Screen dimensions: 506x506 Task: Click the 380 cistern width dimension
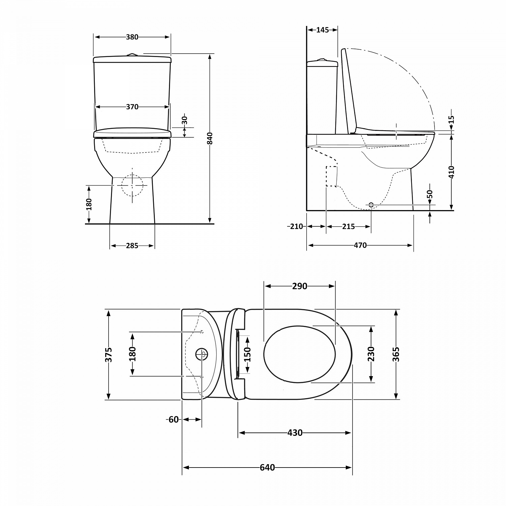[x=132, y=37]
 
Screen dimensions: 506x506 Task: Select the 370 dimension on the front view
[x=132, y=107]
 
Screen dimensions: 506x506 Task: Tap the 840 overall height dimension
[x=210, y=138]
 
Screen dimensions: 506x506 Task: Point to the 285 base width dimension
[x=132, y=246]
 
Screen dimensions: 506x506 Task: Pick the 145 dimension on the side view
[x=322, y=30]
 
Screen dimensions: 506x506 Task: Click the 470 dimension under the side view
[x=360, y=246]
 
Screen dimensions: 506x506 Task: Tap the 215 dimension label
[x=348, y=227]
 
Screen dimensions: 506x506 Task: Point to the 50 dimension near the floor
[x=430, y=195]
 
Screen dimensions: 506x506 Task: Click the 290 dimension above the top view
[x=300, y=286]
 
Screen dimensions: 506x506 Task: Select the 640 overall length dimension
[x=267, y=468]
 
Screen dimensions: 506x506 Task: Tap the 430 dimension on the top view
[x=295, y=433]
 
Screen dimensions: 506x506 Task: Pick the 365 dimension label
[x=396, y=354]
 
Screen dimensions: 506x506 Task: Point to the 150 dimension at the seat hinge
[x=248, y=354]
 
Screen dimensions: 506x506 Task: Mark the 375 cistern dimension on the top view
[x=109, y=355]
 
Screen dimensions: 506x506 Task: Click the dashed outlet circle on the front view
[x=132, y=186]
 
